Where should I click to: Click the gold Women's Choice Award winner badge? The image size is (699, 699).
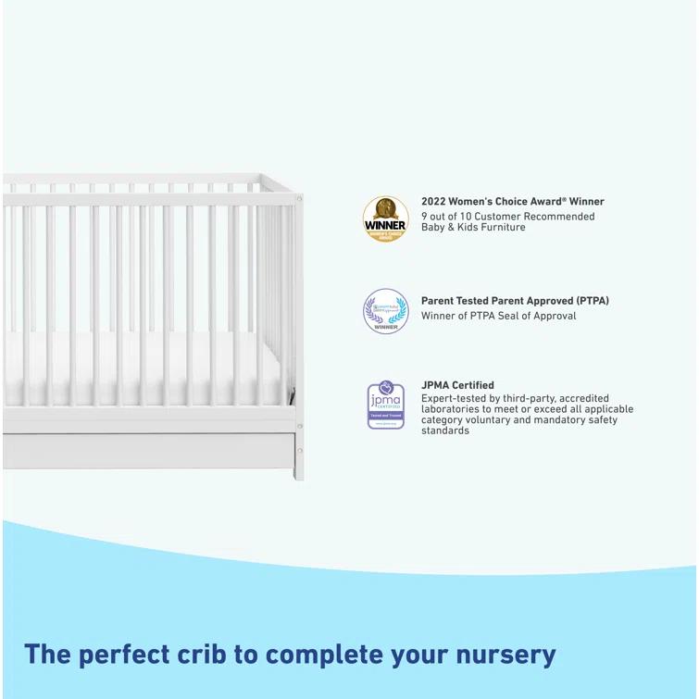[x=385, y=218]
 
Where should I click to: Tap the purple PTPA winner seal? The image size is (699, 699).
[x=385, y=311]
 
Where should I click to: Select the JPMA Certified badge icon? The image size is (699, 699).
[x=385, y=405]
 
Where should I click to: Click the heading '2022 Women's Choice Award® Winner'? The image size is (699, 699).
[x=512, y=201]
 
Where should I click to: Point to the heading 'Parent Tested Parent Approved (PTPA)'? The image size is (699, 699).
[x=515, y=301]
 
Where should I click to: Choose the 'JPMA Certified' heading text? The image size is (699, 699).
[x=457, y=385]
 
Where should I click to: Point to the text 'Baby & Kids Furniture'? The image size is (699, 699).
[x=473, y=227]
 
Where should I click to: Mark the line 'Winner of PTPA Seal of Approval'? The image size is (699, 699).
[x=498, y=316]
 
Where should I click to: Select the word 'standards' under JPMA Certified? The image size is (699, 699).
[x=445, y=431]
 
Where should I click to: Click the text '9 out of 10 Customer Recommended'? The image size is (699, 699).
[x=507, y=217]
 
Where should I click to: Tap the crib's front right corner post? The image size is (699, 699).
[x=297, y=324]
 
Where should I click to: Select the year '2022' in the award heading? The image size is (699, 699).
[x=433, y=201]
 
